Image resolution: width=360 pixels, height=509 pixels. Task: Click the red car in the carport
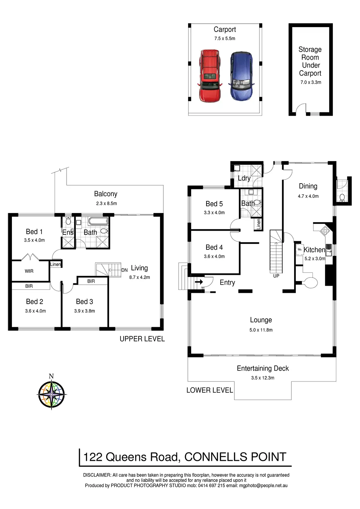pos(210,76)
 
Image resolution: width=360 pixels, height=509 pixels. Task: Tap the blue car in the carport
pos(241,76)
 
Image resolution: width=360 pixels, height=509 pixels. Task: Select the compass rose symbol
pos(52,394)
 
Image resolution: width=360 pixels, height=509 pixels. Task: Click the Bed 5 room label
pos(214,204)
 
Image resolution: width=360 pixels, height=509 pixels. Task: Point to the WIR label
pos(29,271)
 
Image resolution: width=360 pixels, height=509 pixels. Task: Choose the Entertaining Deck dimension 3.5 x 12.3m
pos(263,378)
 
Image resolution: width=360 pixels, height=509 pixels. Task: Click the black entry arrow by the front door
pos(199,282)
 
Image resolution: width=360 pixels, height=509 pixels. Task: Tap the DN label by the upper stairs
pos(124,270)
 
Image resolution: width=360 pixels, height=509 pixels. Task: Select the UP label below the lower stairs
pos(276,276)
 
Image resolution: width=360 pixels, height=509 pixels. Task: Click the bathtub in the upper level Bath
pos(98,221)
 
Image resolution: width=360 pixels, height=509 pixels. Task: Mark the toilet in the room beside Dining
pos(342,198)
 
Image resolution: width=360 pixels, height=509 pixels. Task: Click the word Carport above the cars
pos(225,29)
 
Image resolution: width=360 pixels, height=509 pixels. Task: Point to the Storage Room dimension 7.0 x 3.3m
pos(311,82)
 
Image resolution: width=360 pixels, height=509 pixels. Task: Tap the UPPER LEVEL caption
pos(142,339)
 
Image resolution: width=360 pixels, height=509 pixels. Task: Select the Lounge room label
pos(261,320)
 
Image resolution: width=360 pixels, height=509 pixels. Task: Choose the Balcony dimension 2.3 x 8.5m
pos(106,203)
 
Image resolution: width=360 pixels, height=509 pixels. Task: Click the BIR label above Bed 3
pos(91,281)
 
